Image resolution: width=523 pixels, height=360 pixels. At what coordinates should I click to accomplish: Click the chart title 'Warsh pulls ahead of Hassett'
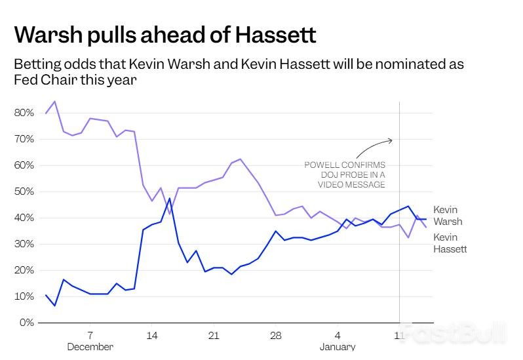point(165,34)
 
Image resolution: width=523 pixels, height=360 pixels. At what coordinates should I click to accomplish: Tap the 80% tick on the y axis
point(24,113)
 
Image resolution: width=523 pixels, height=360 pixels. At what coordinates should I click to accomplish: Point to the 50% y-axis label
point(24,191)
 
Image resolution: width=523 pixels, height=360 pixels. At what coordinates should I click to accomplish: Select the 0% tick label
point(26,323)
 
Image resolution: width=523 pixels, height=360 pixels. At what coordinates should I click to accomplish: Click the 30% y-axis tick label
point(24,244)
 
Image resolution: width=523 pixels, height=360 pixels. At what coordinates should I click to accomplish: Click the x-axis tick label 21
point(213,335)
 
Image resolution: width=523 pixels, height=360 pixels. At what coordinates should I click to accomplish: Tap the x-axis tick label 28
point(275,335)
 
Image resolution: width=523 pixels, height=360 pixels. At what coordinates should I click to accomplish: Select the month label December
point(90,347)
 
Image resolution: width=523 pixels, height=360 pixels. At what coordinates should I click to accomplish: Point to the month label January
point(338,347)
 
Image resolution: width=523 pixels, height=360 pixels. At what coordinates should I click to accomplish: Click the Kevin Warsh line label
point(448,216)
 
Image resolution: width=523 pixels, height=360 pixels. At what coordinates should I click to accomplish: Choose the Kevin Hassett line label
point(450,243)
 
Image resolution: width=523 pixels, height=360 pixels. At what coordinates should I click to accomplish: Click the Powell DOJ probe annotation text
point(345,174)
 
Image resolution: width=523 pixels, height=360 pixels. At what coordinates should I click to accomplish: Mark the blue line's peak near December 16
point(170,198)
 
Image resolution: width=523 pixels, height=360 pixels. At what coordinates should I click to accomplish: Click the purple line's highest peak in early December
point(54,102)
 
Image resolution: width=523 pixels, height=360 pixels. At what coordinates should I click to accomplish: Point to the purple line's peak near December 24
point(241,159)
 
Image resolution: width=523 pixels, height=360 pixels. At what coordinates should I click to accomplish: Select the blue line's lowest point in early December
point(54,306)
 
